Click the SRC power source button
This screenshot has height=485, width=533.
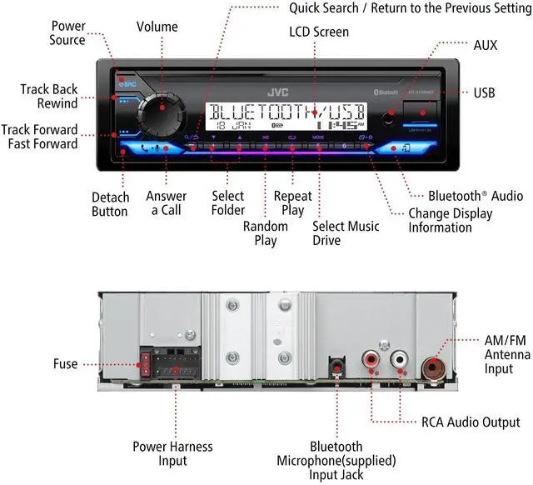[128, 84]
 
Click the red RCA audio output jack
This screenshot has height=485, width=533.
[370, 363]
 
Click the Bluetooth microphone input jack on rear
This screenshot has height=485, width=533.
[336, 365]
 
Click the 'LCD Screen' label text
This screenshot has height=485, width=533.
[319, 32]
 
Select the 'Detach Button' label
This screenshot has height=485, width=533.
[110, 204]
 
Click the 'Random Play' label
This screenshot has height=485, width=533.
[266, 233]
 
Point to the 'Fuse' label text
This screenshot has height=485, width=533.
[64, 364]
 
